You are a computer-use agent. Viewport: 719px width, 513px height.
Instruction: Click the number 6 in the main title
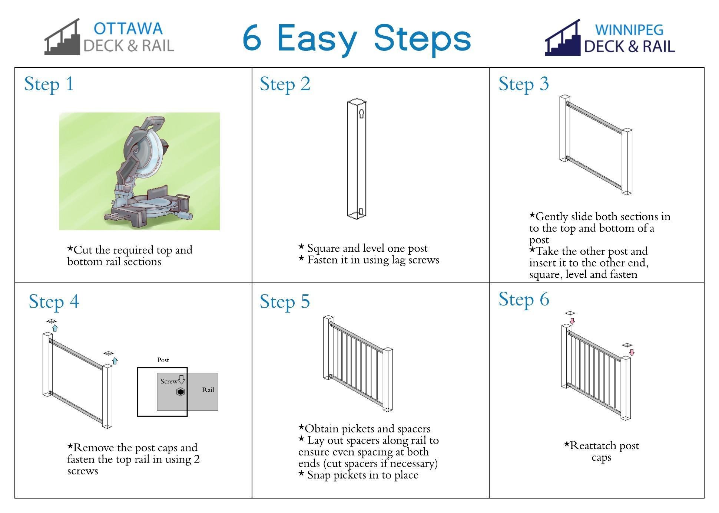[x=252, y=38]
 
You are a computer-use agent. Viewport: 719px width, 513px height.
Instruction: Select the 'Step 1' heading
[x=49, y=84]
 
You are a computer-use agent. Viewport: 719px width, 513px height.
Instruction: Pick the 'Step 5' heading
[x=285, y=301]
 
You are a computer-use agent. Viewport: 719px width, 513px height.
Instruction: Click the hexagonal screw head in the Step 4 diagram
[x=180, y=392]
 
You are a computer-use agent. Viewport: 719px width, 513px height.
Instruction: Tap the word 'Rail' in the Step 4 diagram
[x=208, y=390]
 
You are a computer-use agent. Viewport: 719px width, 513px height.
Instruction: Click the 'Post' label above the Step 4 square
[x=163, y=360]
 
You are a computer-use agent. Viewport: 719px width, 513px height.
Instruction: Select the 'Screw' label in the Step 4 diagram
[x=169, y=381]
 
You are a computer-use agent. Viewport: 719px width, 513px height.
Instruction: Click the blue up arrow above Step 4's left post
[x=55, y=328]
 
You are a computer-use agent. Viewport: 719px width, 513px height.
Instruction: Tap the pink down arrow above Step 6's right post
[x=632, y=352]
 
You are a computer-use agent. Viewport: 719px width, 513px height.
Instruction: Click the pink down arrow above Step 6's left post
[x=572, y=321]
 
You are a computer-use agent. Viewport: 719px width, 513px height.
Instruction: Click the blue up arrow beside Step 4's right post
[x=115, y=360]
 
